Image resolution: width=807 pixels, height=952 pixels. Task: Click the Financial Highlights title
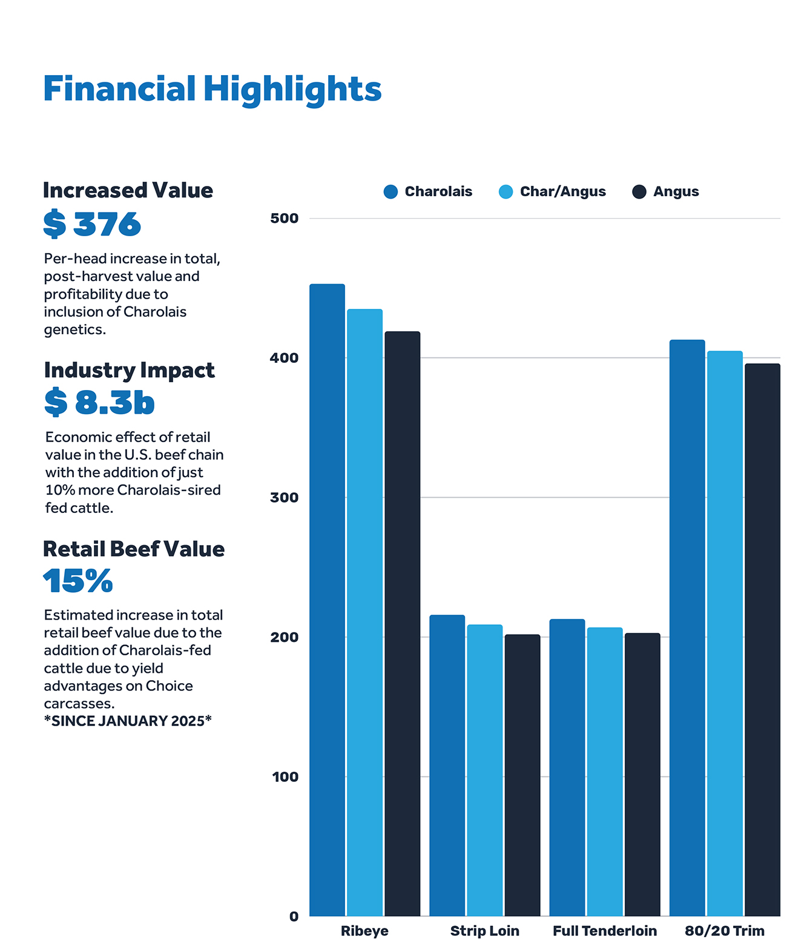[x=212, y=89]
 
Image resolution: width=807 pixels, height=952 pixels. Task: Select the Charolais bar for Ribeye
[x=327, y=600]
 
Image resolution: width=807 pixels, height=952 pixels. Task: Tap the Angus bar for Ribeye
[x=402, y=624]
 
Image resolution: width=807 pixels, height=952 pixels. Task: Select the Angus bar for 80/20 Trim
[x=762, y=640]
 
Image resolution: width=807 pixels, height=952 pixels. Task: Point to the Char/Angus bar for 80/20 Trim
[x=725, y=633]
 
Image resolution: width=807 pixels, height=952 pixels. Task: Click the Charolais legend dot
[x=390, y=192]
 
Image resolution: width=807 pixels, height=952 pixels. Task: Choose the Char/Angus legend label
[x=562, y=192]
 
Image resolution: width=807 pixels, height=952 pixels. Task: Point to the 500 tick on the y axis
[x=284, y=219]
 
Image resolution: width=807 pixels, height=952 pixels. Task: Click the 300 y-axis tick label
[x=284, y=498]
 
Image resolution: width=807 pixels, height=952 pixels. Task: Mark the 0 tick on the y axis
[x=294, y=917]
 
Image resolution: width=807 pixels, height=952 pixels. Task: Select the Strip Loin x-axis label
[x=484, y=931]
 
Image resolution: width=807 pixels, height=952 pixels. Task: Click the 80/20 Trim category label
[x=724, y=931]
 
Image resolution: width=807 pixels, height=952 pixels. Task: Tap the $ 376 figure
[x=92, y=225]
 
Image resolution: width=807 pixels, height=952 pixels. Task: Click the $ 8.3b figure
[x=99, y=403]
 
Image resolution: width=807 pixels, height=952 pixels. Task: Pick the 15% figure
[x=78, y=581]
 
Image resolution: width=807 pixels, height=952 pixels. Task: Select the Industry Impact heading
[x=129, y=370]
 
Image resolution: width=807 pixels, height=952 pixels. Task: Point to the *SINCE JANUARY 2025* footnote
[x=128, y=721]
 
